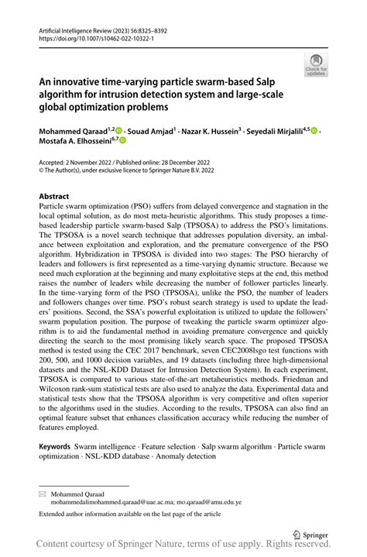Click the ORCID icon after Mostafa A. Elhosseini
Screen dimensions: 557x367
[x=122, y=140]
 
